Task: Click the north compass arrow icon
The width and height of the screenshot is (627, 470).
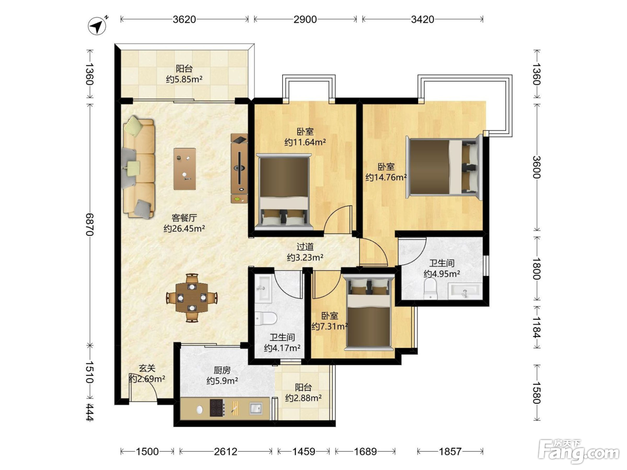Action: pos(97,26)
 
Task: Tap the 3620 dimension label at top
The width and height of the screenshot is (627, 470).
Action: pos(184,19)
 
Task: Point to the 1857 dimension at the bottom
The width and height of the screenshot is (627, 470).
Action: pos(450,452)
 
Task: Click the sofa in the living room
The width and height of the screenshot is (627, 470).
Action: pos(139,167)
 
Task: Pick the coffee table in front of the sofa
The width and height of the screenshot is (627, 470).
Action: pos(185,169)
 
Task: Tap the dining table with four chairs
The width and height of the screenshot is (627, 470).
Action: pos(192,298)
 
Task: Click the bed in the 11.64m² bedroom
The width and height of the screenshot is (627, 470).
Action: pos(283,192)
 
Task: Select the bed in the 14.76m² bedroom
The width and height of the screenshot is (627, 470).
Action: pos(444,167)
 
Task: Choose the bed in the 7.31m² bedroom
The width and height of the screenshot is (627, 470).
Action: pos(368,312)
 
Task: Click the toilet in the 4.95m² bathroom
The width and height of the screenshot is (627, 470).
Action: pos(430,289)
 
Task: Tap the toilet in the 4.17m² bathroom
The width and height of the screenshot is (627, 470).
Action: pos(266,318)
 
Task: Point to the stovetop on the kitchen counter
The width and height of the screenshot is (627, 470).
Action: pos(217,408)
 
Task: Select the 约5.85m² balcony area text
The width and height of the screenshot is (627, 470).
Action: pos(184,79)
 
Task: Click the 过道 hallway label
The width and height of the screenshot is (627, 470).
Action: pos(305,246)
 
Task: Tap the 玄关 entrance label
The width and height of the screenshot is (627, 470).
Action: pos(147,368)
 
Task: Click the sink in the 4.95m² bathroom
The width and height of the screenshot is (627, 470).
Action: pos(464,291)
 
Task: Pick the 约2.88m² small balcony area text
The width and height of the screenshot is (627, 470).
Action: pos(303,398)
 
